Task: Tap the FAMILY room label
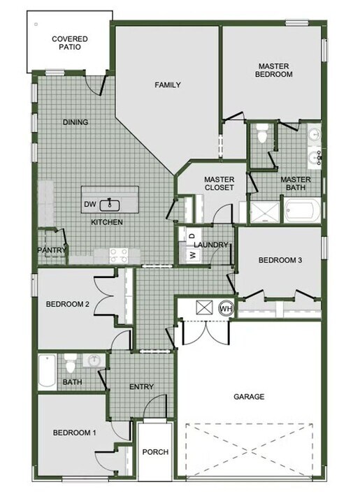click(x=168, y=85)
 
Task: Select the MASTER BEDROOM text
click(x=273, y=70)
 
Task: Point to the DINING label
click(x=75, y=122)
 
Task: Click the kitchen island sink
click(x=110, y=205)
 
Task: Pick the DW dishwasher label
click(x=89, y=205)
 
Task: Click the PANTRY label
click(x=52, y=250)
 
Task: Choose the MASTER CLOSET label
click(x=219, y=184)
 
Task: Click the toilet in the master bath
click(x=263, y=134)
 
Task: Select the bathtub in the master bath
click(x=302, y=210)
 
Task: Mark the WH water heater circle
click(x=226, y=308)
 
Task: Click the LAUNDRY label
click(x=211, y=245)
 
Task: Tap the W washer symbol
click(x=192, y=255)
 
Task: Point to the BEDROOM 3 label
click(x=280, y=261)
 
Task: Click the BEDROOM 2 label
click(x=67, y=304)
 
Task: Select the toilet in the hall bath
click(x=71, y=365)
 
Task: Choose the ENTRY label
click(x=142, y=387)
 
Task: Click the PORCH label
click(x=155, y=452)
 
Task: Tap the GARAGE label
click(x=249, y=397)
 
